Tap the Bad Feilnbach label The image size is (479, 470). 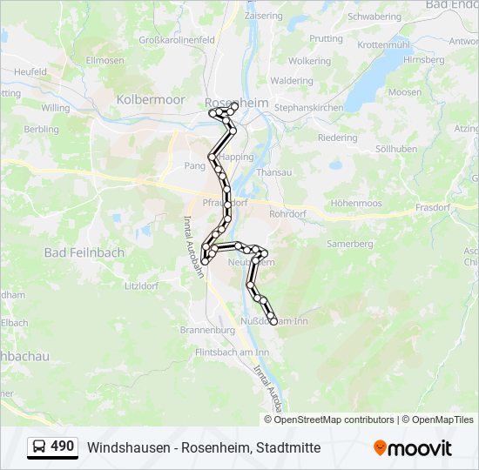(84, 252)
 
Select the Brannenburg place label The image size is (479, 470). (207, 331)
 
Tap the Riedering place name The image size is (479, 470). (337, 138)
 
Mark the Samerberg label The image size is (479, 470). (349, 244)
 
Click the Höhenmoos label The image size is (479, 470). (356, 204)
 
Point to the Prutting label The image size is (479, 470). (327, 39)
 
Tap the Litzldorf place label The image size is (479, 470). (141, 285)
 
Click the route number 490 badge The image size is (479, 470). (63, 446)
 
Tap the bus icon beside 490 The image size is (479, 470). (40, 447)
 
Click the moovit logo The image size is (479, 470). (413, 448)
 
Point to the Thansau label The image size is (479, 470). (274, 172)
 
